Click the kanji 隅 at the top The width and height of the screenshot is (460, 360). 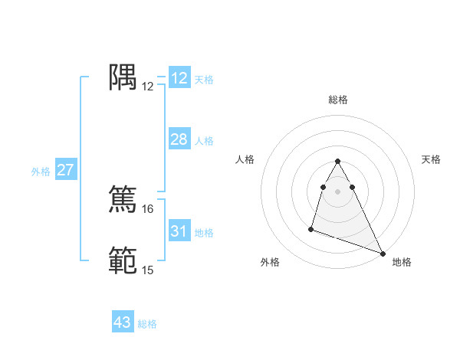point(123,77)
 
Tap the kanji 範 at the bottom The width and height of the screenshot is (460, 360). point(123,260)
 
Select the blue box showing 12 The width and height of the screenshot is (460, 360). point(179,78)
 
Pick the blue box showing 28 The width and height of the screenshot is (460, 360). point(179,139)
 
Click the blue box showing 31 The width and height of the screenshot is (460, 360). point(179,231)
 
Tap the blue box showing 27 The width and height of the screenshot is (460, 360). point(66,170)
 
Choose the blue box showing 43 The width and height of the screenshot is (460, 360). point(123,322)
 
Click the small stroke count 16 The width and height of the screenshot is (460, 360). point(148,208)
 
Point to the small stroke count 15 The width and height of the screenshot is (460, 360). point(148,270)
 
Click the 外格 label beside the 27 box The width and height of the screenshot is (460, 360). point(41,172)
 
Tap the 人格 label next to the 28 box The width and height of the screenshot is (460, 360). point(204,141)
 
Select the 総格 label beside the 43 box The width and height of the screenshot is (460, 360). point(147,324)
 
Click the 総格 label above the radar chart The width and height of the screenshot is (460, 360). point(338,100)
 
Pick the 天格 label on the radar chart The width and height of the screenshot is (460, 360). point(432,159)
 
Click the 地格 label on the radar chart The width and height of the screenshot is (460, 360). point(402,262)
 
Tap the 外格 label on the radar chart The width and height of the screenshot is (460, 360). point(270,262)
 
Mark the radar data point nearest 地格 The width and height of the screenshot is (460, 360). point(383,254)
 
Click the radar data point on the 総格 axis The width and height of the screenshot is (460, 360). point(338,161)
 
